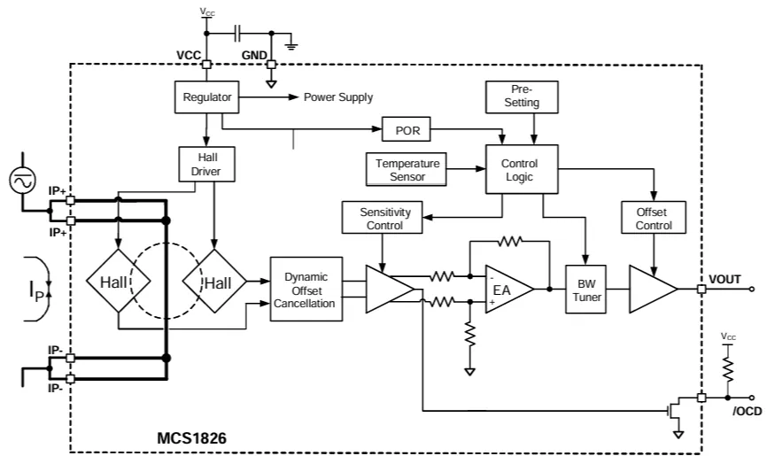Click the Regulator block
pyautogui.click(x=206, y=97)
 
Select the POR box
pyautogui.click(x=406, y=131)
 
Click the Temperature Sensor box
pyautogui.click(x=407, y=169)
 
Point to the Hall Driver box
pyautogui.click(x=206, y=165)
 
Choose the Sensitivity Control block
pyautogui.click(x=382, y=219)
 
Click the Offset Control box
pyautogui.click(x=654, y=219)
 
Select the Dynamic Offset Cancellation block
pyautogui.click(x=306, y=290)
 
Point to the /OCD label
pyautogui.click(x=747, y=411)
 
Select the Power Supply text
pyautogui.click(x=338, y=97)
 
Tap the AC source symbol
pyautogui.click(x=22, y=182)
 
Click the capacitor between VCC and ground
pyautogui.click(x=237, y=34)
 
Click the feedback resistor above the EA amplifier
pyautogui.click(x=511, y=240)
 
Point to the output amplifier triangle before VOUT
pyautogui.click(x=652, y=289)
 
